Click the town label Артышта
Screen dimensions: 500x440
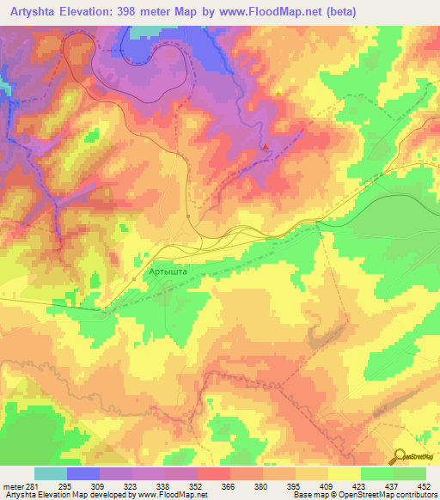pyautogui.click(x=168, y=271)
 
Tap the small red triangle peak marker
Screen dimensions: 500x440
pyautogui.click(x=266, y=147)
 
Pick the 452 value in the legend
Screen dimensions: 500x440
pyautogui.click(x=423, y=486)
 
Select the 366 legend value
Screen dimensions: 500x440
pyautogui.click(x=227, y=486)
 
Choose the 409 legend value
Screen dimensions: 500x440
pyautogui.click(x=325, y=486)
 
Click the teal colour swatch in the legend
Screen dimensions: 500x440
pyautogui.click(x=51, y=473)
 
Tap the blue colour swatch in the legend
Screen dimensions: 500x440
pyautogui.click(x=83, y=473)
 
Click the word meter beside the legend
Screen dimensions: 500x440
pyautogui.click(x=12, y=486)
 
